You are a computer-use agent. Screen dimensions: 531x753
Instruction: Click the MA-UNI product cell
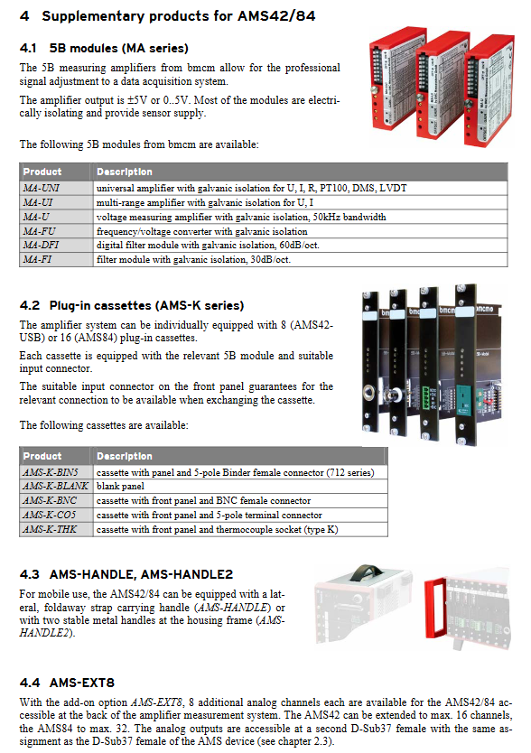tap(56, 188)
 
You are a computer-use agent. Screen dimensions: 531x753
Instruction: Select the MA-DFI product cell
tap(56, 245)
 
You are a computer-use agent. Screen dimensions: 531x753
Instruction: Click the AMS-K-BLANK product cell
tap(55, 486)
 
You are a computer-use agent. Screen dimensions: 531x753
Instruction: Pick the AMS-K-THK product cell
tap(55, 529)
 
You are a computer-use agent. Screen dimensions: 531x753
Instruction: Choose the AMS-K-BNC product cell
tap(55, 500)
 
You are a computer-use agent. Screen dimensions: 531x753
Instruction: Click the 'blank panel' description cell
tap(240, 486)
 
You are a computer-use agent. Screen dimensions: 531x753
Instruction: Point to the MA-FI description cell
tap(301, 259)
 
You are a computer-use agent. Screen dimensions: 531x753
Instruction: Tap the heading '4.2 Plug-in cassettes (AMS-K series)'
tap(132, 305)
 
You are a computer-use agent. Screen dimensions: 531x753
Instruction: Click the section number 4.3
tap(29, 574)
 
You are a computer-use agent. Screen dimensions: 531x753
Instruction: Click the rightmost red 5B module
tap(489, 91)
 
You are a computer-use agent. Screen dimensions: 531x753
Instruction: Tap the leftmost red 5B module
tap(396, 78)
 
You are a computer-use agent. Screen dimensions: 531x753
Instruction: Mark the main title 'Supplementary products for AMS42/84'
tap(178, 16)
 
